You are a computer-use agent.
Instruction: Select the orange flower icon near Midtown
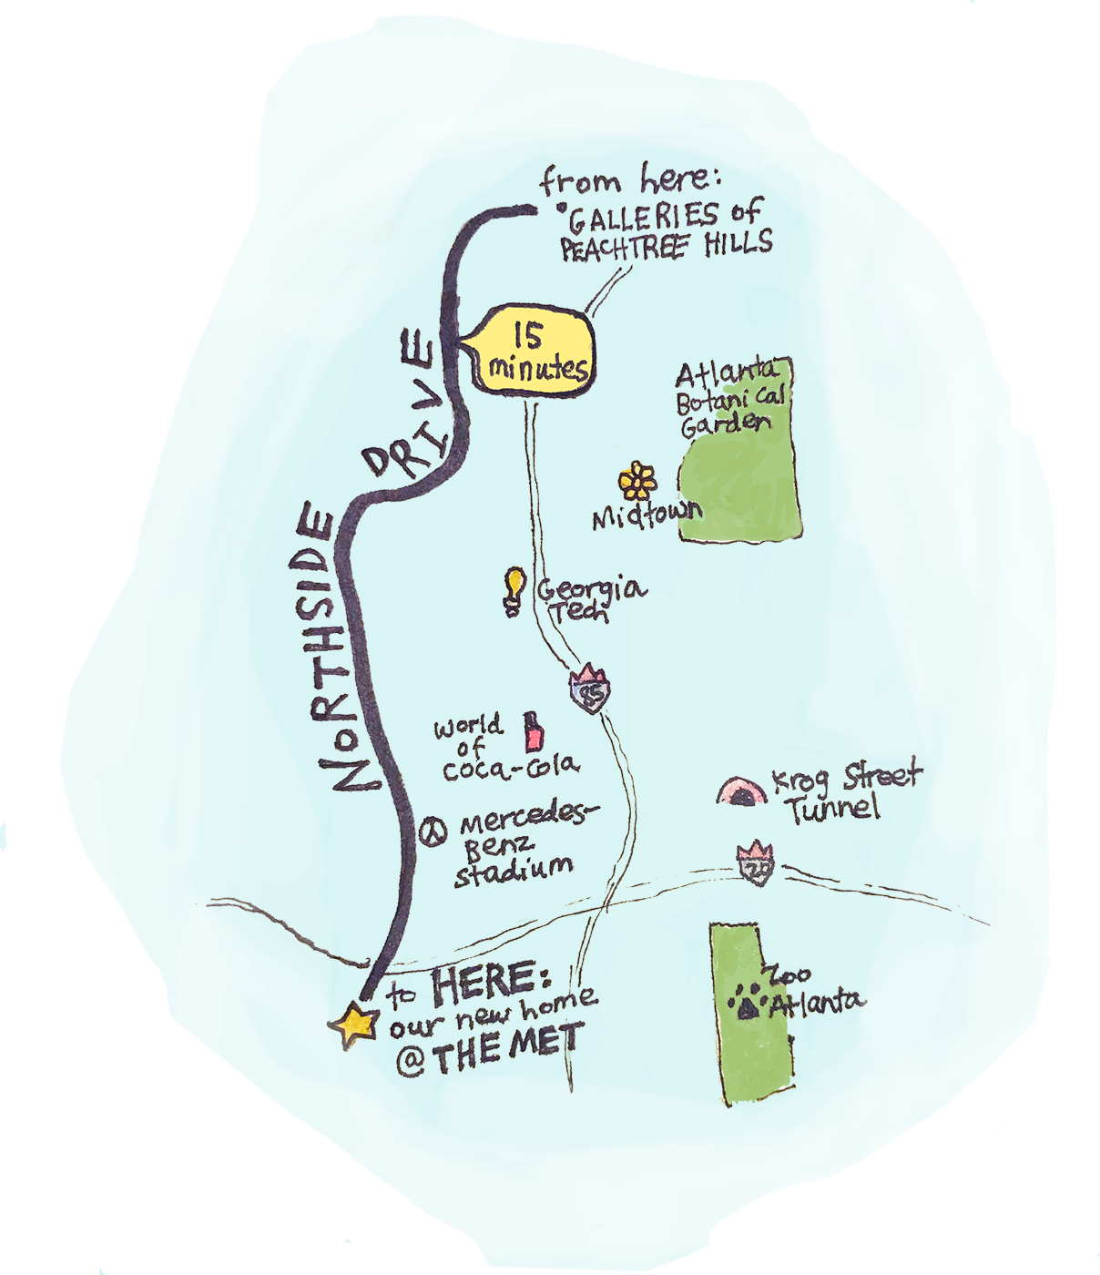pos(637,481)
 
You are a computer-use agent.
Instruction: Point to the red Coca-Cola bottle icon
pos(533,731)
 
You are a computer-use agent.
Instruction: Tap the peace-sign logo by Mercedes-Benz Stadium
pos(433,831)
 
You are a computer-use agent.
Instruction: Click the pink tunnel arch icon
pos(742,791)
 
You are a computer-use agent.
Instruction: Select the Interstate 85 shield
pos(590,690)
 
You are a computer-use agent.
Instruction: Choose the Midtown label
pos(647,516)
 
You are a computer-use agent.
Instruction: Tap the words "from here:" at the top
pos(627,179)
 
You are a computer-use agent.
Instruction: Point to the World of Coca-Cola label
pos(501,749)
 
